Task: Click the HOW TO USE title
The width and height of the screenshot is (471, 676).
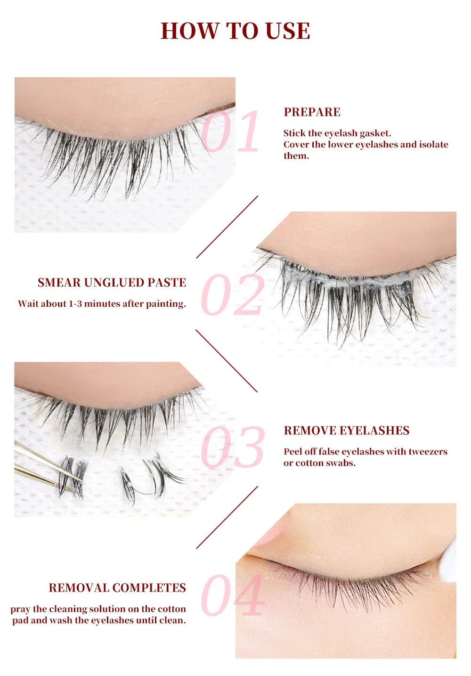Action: [x=235, y=31]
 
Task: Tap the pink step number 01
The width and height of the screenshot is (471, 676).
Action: [x=230, y=131]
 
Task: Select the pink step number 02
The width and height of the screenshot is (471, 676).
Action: [x=232, y=295]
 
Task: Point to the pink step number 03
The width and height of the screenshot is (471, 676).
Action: [x=232, y=447]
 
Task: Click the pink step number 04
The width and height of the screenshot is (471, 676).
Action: [x=232, y=595]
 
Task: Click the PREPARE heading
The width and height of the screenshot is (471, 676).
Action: [x=312, y=112]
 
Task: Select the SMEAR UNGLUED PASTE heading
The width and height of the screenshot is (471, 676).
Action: [x=112, y=283]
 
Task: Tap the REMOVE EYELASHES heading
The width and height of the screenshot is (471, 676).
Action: [x=346, y=431]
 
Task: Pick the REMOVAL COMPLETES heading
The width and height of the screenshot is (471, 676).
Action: [x=117, y=588]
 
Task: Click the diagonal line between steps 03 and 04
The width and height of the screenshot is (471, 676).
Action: [x=227, y=517]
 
